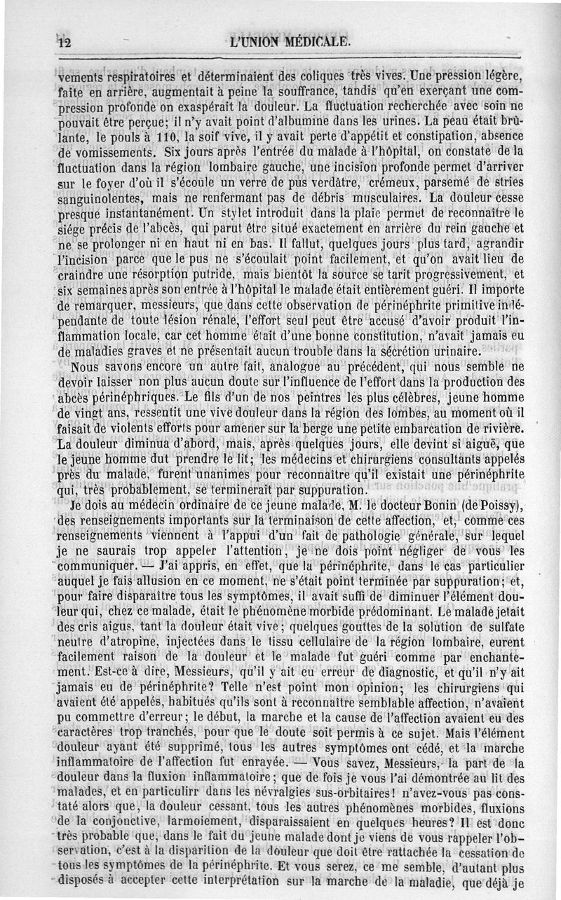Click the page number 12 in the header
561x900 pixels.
(65, 42)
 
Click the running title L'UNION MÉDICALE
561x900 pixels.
(288, 41)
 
